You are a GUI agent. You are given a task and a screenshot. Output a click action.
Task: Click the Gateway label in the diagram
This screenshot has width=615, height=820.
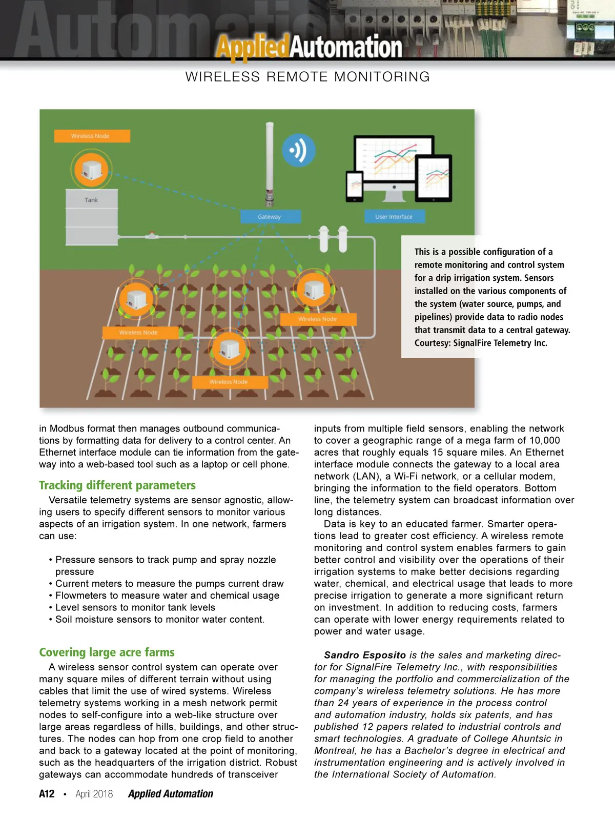point(270,217)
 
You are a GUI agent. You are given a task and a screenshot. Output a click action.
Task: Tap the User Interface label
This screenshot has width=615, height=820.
point(394,217)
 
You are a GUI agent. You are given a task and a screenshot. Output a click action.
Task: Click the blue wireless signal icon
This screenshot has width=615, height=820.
point(298,151)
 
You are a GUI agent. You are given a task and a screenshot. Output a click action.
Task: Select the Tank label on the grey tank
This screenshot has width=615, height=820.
point(91,200)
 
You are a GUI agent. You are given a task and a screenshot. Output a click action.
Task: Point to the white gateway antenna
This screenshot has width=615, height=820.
point(269,164)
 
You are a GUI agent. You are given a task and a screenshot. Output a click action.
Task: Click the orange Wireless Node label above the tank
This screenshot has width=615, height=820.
point(92,136)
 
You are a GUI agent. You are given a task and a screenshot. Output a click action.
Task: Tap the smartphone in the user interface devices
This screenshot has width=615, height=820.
point(355,186)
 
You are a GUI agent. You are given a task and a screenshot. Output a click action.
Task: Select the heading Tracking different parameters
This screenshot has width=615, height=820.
point(117,485)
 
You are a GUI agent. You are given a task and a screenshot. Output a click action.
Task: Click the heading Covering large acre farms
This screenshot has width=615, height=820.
point(107,652)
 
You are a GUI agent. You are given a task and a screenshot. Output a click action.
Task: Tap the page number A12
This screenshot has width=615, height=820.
point(47,794)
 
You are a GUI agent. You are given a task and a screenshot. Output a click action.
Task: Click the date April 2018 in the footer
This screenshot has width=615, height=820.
point(94,794)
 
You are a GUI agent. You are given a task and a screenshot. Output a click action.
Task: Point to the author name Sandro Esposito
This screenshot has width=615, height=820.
point(365,655)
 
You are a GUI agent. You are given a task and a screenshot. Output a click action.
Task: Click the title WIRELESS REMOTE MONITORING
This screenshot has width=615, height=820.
point(307,77)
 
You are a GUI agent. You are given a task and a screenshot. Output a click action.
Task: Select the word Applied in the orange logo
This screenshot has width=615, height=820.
point(253,47)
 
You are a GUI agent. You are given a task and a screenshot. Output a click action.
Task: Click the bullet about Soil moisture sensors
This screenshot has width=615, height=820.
point(160,619)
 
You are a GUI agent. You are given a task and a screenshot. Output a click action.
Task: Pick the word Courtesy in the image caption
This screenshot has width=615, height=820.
point(433,343)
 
